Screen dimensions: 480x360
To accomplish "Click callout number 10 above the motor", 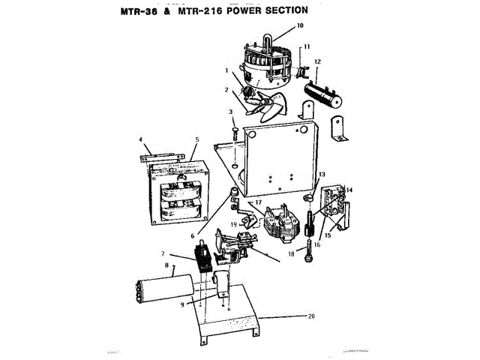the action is [301, 25].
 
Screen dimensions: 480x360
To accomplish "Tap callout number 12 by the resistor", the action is [318, 61].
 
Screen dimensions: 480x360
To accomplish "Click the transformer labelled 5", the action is [181, 197].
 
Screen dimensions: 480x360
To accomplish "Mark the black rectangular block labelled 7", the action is [202, 260].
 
